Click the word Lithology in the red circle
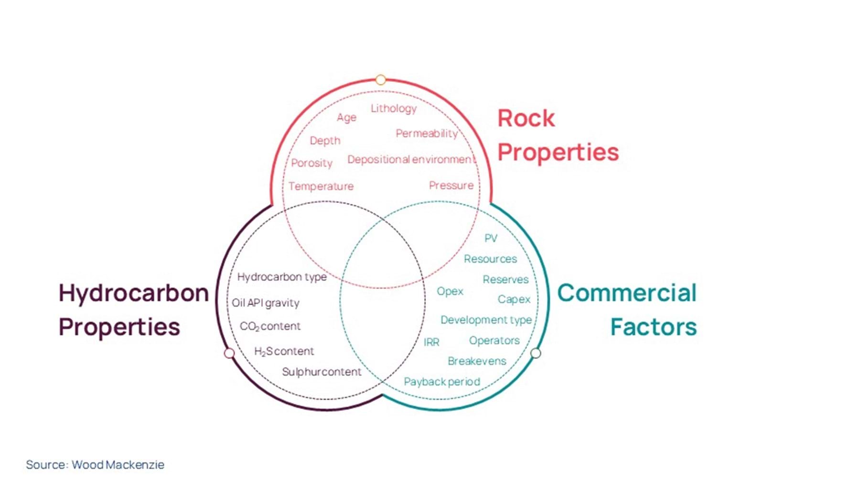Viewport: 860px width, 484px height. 393,109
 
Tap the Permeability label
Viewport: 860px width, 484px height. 426,133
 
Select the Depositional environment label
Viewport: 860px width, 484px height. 411,159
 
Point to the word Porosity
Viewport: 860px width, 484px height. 312,163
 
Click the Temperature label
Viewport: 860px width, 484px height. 321,186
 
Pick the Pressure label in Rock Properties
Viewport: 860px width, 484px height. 451,185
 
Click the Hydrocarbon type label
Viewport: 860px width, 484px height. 282,277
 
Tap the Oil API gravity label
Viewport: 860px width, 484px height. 266,303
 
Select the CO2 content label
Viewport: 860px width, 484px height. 270,326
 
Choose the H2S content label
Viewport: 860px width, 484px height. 284,352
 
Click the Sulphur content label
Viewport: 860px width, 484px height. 322,372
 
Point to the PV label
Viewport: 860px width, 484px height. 491,238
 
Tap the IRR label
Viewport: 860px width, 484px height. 431,342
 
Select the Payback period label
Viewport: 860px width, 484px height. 442,382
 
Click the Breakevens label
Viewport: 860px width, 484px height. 477,361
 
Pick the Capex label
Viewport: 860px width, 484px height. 514,299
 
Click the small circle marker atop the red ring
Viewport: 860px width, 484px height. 381,79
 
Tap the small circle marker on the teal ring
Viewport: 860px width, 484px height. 536,353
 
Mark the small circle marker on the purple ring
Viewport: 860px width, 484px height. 229,353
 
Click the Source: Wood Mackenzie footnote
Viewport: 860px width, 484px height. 95,464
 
